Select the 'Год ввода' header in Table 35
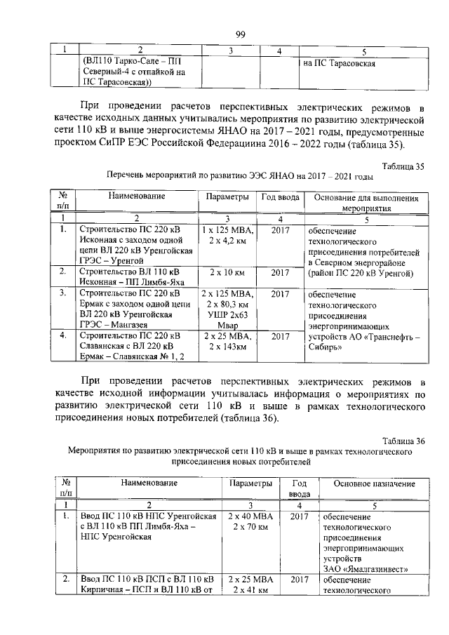point(280,199)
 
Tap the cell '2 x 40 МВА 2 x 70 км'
point(248,521)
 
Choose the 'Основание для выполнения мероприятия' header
point(367,203)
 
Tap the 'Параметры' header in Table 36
point(250,483)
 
